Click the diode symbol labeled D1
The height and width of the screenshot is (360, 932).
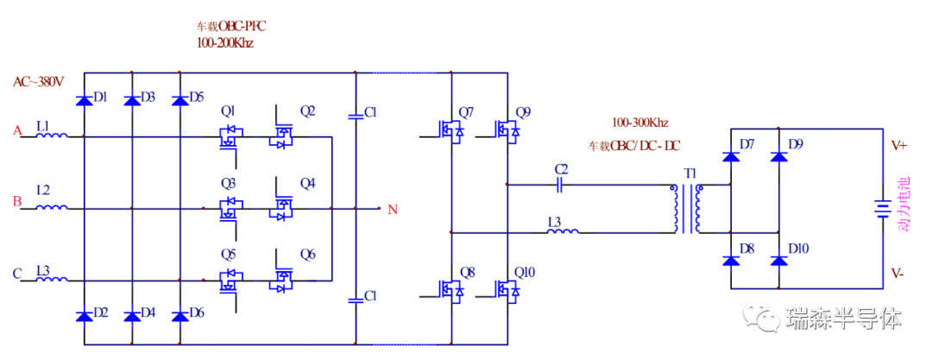point(84,101)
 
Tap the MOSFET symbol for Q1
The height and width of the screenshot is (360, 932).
point(230,136)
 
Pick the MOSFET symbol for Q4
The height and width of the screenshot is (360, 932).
point(281,207)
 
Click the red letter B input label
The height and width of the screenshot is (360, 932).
point(16,202)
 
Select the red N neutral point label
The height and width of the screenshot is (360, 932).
point(393,209)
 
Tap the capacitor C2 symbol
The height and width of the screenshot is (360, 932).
point(560,183)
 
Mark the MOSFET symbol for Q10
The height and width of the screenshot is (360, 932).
point(507,291)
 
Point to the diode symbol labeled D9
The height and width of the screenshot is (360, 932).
point(779,156)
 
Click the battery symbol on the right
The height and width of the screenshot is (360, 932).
point(881,209)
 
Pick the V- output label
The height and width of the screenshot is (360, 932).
point(897,274)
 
